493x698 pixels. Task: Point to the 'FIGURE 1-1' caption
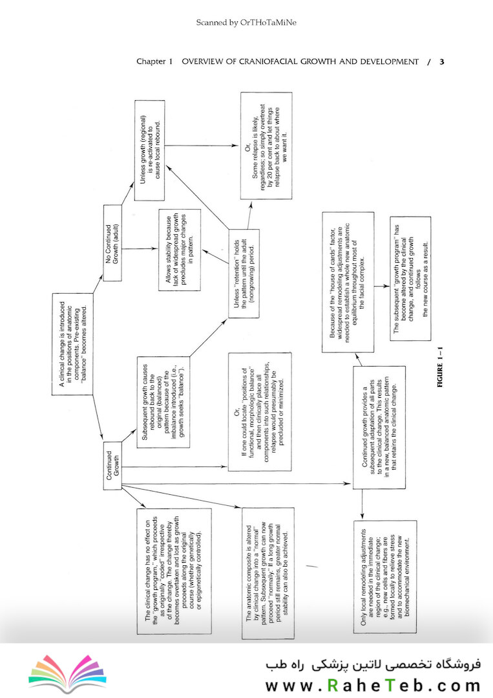click(x=440, y=367)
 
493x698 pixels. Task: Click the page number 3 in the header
click(x=441, y=62)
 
